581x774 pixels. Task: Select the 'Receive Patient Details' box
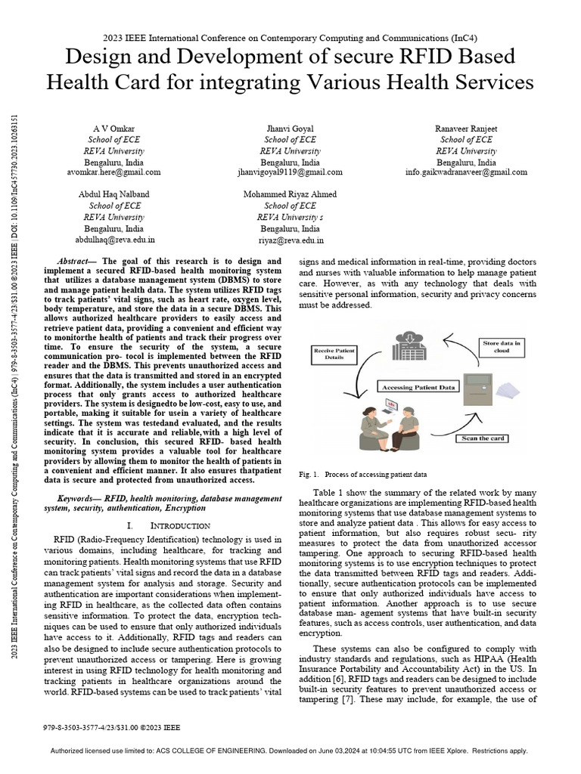[x=335, y=353]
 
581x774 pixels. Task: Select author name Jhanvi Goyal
[x=290, y=129]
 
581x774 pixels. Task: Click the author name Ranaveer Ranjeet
[x=466, y=129]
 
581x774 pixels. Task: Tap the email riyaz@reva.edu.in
[x=290, y=240]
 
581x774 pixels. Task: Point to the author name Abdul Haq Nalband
[x=116, y=194]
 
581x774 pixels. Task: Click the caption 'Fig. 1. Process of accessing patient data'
[x=363, y=475]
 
